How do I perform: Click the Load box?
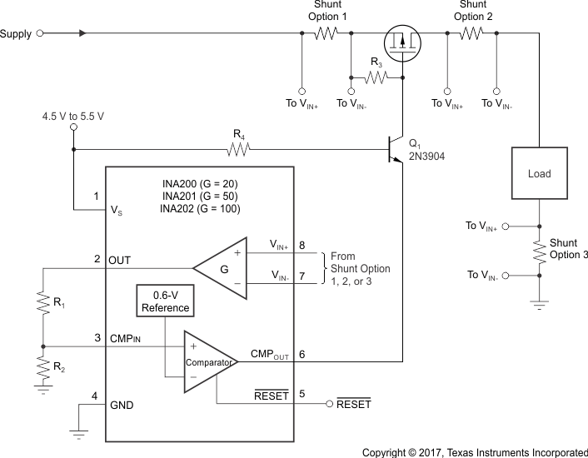pos(539,174)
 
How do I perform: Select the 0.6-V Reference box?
pos(165,301)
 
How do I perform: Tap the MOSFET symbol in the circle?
pos(401,41)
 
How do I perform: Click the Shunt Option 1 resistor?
pos(326,34)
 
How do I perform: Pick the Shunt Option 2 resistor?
pos(471,34)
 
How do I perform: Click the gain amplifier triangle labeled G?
pos(219,268)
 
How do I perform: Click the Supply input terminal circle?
pos(40,34)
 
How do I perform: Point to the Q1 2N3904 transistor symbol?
pos(394,150)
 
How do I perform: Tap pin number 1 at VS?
pos(96,197)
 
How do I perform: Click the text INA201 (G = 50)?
pos(200,196)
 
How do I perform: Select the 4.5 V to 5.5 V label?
pos(73,116)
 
